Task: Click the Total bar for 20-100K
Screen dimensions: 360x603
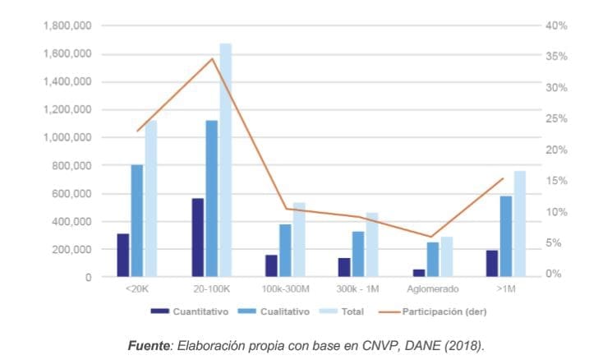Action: tap(225, 160)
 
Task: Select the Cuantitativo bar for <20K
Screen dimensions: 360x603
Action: tap(122, 256)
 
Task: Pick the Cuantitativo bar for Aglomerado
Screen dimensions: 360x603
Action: tap(419, 273)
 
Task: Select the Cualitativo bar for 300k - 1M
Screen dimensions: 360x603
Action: tap(358, 254)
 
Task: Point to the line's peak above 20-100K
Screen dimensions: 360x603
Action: tap(212, 58)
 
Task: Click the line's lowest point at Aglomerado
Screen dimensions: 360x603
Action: tap(430, 237)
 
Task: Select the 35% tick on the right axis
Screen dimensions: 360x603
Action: tap(556, 57)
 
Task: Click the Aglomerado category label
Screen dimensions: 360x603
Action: tap(431, 289)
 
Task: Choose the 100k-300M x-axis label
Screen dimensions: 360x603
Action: tap(287, 289)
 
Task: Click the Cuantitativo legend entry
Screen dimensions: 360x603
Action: tap(194, 312)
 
